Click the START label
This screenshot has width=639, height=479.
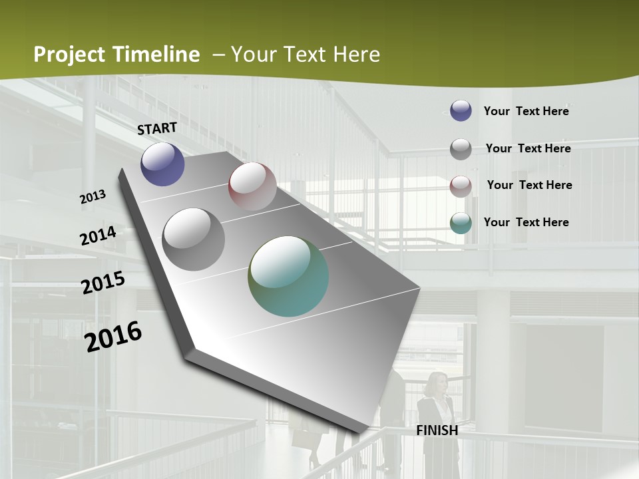click(157, 128)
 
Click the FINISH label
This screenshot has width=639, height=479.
click(437, 430)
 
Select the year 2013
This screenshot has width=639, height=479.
click(93, 197)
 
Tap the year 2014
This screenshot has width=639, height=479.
click(98, 236)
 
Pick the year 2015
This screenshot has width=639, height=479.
click(103, 283)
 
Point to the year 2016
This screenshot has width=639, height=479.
click(113, 337)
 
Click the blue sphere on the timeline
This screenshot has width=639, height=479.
click(162, 164)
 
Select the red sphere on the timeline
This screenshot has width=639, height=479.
click(252, 186)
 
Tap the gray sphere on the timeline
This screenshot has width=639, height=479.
click(194, 239)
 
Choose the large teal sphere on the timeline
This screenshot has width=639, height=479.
click(288, 276)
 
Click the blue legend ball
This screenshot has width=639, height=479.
click(461, 110)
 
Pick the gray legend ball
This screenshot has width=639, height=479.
click(461, 148)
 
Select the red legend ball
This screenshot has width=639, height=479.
click(461, 186)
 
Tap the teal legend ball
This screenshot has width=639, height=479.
click(461, 223)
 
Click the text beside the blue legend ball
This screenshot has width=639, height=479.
click(526, 111)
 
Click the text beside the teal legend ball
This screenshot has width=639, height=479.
click(526, 222)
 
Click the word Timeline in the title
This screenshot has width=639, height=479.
click(155, 55)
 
